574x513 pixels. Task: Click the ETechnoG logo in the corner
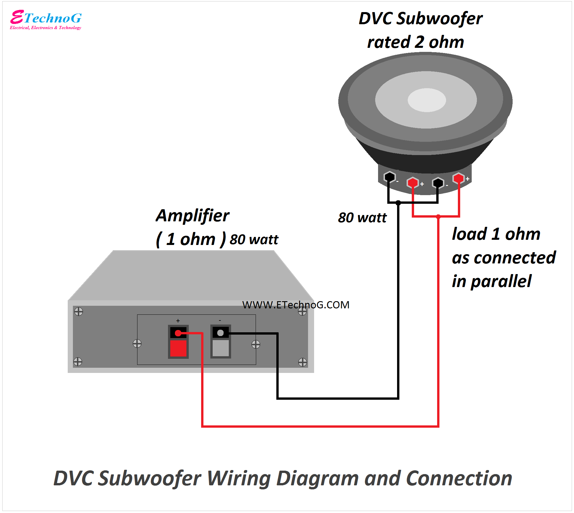(46, 20)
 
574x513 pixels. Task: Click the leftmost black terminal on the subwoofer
(390, 177)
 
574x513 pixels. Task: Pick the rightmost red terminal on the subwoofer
(458, 178)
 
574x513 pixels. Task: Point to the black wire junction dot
(398, 203)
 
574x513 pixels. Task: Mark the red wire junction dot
(438, 216)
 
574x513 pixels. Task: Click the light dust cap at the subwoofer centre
(427, 100)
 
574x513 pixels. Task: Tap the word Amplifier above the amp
(192, 216)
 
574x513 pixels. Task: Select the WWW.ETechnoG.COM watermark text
(296, 305)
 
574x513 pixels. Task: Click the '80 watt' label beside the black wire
(362, 218)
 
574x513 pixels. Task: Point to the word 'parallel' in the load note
(501, 282)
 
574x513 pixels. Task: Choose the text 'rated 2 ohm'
(416, 42)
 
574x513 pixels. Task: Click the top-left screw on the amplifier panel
(79, 312)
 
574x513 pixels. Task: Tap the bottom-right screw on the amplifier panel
(303, 362)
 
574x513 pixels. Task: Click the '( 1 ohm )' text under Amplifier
(190, 239)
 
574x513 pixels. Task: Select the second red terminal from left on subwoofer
(413, 182)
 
